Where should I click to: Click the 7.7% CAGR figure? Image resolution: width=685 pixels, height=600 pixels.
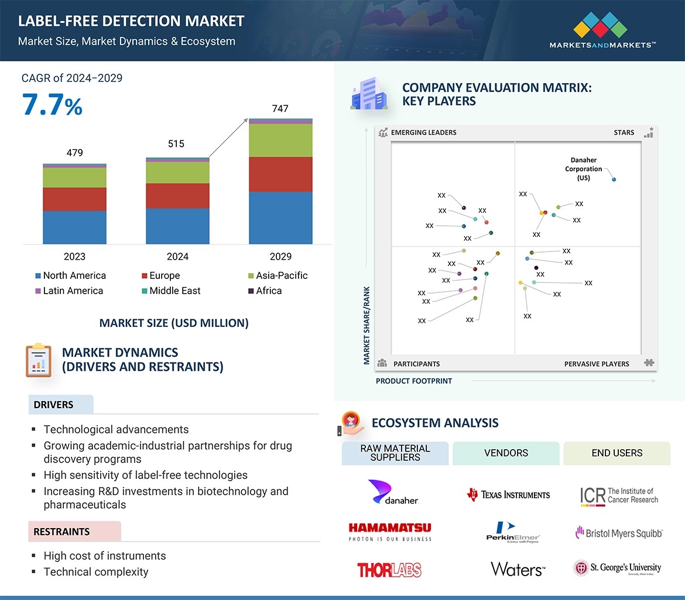[x=52, y=105]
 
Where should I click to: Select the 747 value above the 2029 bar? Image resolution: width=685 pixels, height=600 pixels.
[x=280, y=109]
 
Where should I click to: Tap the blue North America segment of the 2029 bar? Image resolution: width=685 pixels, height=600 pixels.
[x=280, y=218]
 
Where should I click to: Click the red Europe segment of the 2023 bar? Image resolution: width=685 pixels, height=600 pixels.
[x=74, y=199]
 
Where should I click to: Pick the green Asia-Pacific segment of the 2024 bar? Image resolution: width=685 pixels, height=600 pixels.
[x=177, y=173]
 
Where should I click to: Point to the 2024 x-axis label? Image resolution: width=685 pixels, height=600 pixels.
[x=177, y=256]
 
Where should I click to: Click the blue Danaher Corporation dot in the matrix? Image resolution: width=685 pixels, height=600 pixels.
[x=614, y=179]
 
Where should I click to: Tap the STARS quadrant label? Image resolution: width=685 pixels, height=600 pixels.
[x=624, y=132]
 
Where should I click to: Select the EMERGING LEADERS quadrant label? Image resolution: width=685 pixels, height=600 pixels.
[x=423, y=132]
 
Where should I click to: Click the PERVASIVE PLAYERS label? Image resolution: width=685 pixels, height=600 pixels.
[x=596, y=364]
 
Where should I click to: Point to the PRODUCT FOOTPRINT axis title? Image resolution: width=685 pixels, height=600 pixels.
[x=413, y=381]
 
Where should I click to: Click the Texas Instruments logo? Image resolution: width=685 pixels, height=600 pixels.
[x=508, y=495]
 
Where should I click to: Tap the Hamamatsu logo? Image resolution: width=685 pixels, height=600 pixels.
[x=390, y=531]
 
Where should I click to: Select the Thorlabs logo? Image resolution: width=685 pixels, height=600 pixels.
[x=389, y=570]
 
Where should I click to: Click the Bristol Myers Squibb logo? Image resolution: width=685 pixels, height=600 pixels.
[x=619, y=533]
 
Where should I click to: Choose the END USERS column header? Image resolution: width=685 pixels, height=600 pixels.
[x=616, y=453]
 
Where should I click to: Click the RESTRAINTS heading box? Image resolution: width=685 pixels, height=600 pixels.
[x=74, y=532]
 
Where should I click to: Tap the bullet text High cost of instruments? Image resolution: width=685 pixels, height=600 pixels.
[x=104, y=556]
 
